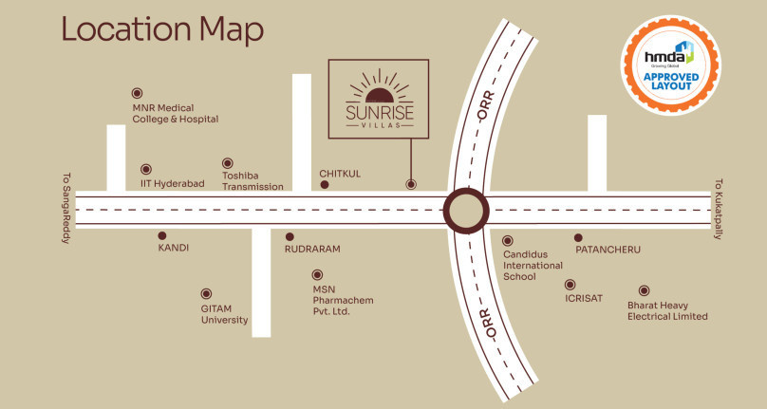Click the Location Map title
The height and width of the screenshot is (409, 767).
pyautogui.click(x=161, y=29)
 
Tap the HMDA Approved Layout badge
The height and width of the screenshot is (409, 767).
pyautogui.click(x=669, y=59)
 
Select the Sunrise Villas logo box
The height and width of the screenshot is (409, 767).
pyautogui.click(x=378, y=97)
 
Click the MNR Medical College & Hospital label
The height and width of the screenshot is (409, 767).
pyautogui.click(x=176, y=113)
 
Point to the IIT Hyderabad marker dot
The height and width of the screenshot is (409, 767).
pyautogui.click(x=145, y=169)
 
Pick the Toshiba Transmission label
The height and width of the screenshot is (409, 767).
pyautogui.click(x=253, y=180)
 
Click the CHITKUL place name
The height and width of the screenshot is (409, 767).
pyautogui.click(x=340, y=174)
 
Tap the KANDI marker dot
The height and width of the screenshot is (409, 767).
pyautogui.click(x=162, y=235)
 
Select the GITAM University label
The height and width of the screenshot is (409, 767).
pyautogui.click(x=224, y=314)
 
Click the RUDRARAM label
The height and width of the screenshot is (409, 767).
pyautogui.click(x=312, y=249)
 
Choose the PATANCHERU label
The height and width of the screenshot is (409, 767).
pyautogui.click(x=608, y=250)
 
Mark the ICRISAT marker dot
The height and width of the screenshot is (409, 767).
pyautogui.click(x=570, y=284)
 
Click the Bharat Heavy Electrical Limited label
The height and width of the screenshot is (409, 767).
pyautogui.click(x=667, y=310)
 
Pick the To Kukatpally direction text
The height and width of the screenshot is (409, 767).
pyautogui.click(x=719, y=209)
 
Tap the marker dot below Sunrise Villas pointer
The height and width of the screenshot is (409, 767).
pyautogui.click(x=411, y=184)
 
